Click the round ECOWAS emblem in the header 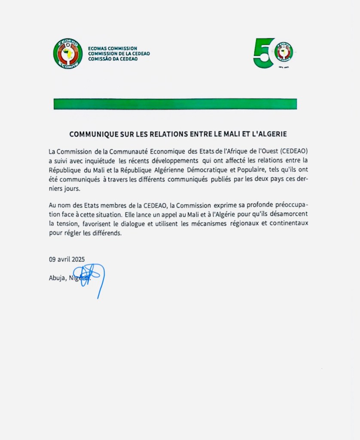[x=68, y=54]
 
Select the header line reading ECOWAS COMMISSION [x=113, y=49]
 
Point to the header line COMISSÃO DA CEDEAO [x=113, y=59]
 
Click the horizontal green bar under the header [x=175, y=104]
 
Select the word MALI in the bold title [x=234, y=134]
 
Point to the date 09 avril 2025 [x=67, y=259]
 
